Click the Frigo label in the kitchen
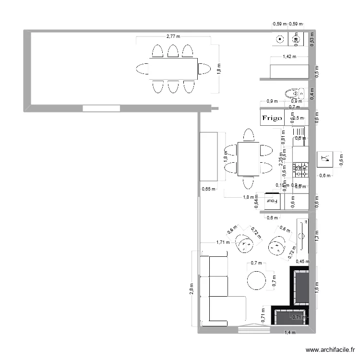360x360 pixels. (x=272, y=118)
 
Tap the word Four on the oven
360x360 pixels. (x=273, y=201)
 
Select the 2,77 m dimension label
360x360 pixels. (x=173, y=36)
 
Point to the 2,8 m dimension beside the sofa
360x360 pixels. (x=192, y=289)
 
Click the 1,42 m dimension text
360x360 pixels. (x=289, y=57)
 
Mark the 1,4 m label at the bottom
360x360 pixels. (x=290, y=332)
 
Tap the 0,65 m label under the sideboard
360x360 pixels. (x=208, y=189)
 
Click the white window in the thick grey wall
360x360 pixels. (x=101, y=108)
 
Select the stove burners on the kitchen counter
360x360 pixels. (x=300, y=168)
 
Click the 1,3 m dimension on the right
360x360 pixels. (x=316, y=235)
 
